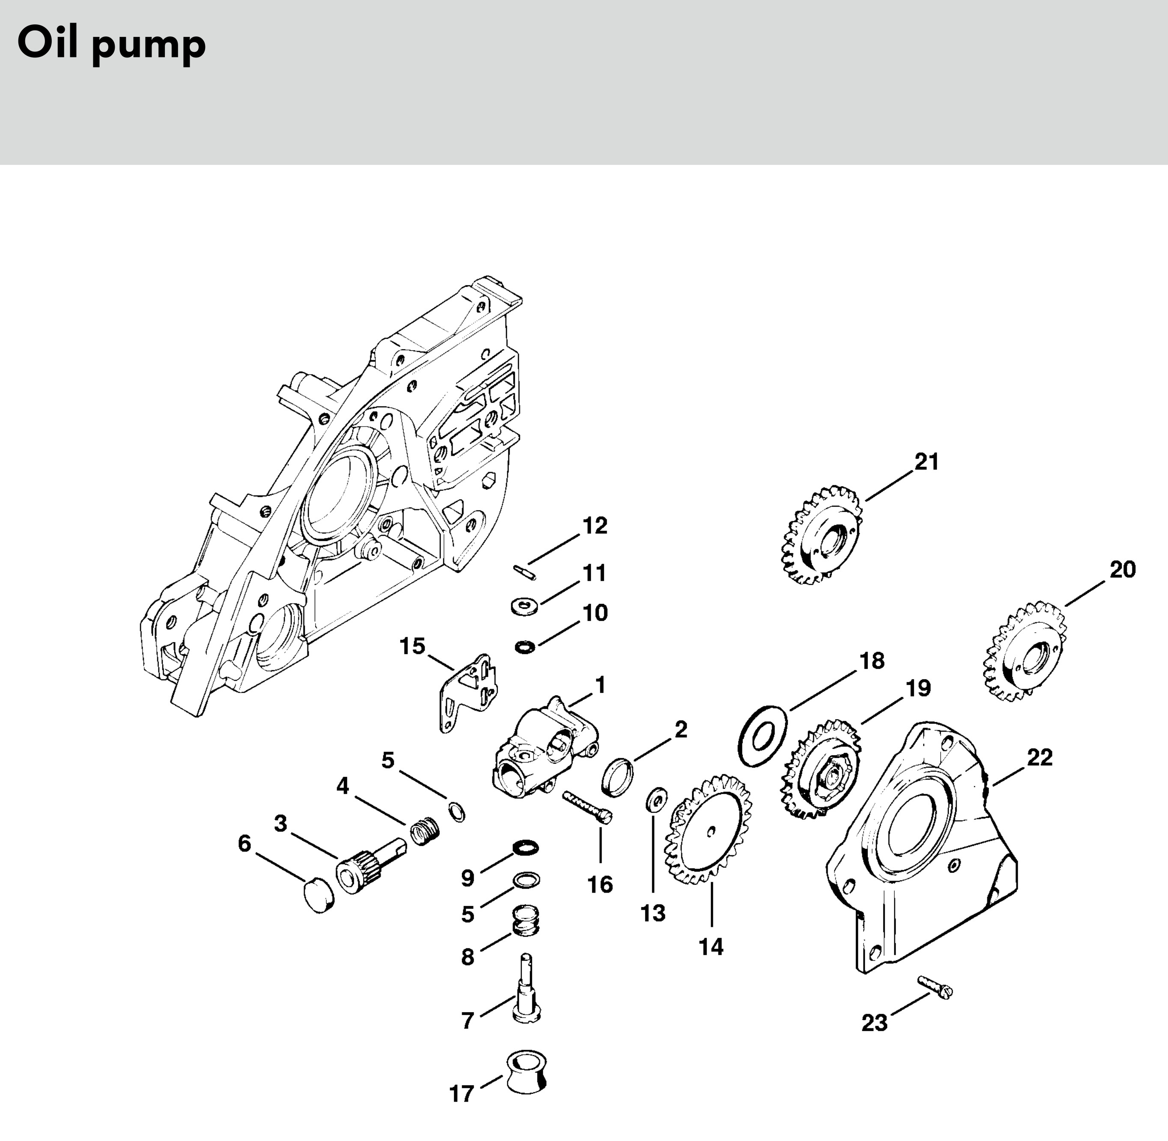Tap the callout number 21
click(927, 461)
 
